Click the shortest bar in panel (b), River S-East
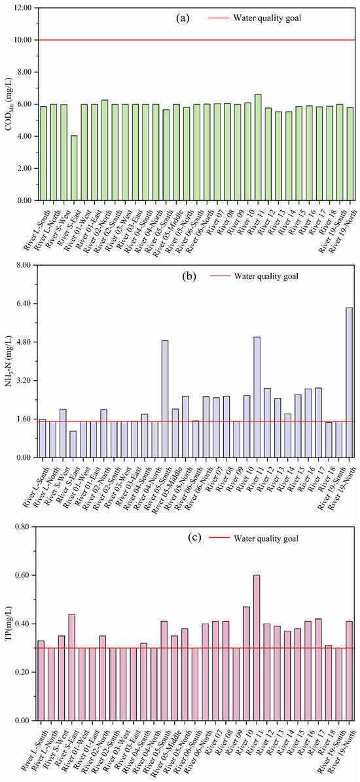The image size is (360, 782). [74, 444]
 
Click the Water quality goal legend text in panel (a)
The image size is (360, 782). [268, 18]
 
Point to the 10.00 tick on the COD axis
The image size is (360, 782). [22, 40]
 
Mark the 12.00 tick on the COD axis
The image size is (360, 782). [22, 8]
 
